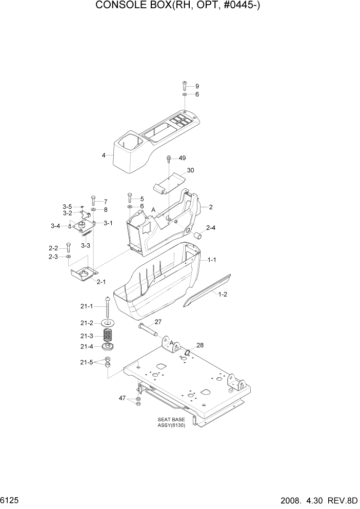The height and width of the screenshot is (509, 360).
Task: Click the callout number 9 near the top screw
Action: coord(197,86)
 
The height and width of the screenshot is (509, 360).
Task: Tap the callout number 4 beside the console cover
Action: coord(104,155)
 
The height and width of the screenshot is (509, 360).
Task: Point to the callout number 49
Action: coord(182,158)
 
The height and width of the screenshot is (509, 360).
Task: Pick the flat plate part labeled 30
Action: coord(168,182)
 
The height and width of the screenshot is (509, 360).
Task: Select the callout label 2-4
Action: coord(211,227)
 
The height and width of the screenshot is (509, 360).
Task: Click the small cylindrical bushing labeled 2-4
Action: coord(198,236)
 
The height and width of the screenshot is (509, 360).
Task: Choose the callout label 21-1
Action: coord(86,306)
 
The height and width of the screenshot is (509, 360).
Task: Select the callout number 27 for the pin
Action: coord(158,322)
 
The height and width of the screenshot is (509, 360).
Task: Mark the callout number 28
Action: coord(200,345)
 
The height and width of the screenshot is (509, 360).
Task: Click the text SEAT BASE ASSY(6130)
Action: coord(171,422)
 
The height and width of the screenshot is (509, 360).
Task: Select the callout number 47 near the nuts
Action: coord(122,398)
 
